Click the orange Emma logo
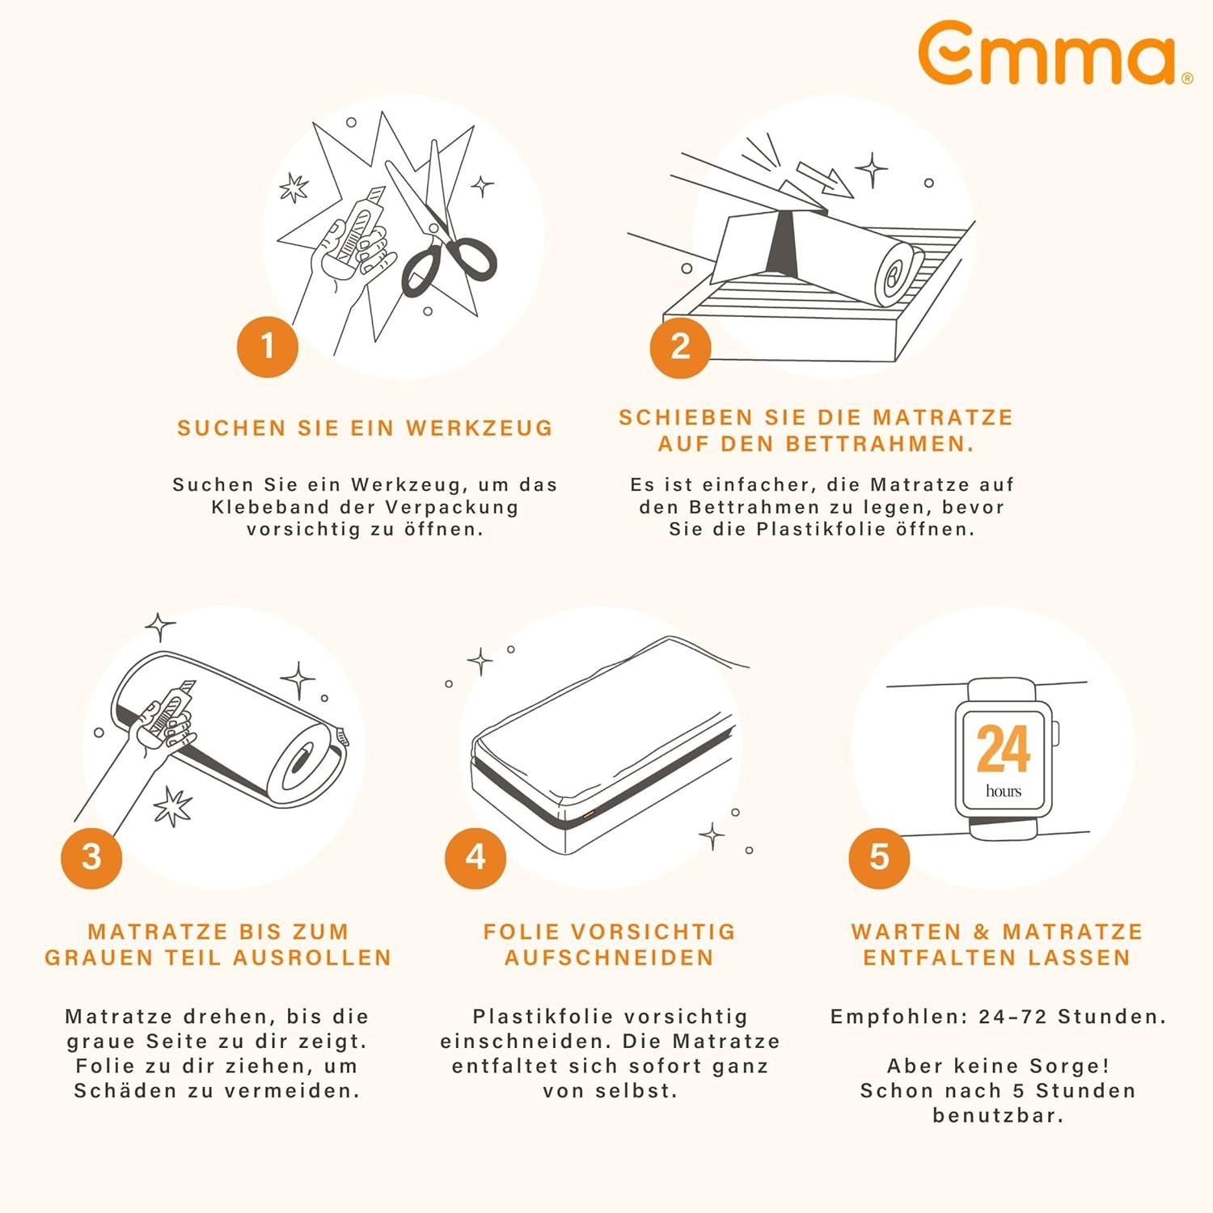click(1051, 53)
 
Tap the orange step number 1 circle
click(268, 347)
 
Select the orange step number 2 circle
click(681, 347)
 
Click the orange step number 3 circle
click(91, 857)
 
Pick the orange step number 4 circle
click(475, 857)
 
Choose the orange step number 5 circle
click(879, 857)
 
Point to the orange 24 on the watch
click(1004, 749)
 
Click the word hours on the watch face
click(1004, 791)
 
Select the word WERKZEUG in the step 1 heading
click(479, 428)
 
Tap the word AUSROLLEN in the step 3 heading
click(312, 957)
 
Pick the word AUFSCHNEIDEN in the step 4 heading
click(610, 957)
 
